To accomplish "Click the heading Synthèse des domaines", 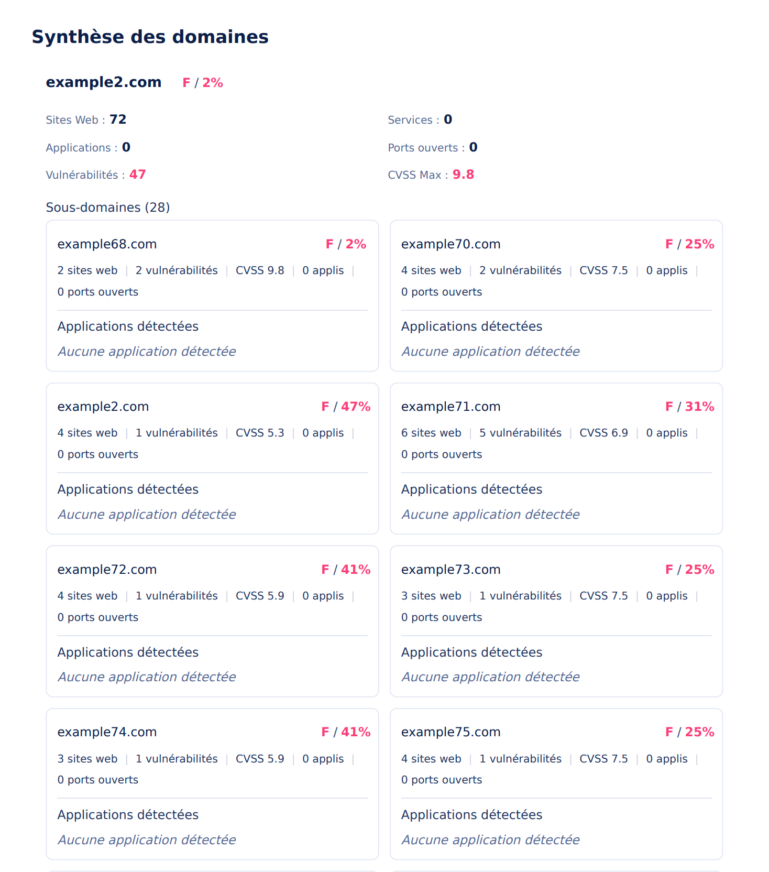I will [x=150, y=37].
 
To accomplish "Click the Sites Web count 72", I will [x=118, y=119].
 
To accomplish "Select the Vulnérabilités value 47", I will [x=137, y=175].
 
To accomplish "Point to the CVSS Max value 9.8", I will [x=463, y=175].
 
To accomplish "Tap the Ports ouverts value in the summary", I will [x=473, y=147].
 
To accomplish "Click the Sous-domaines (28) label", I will [x=108, y=208].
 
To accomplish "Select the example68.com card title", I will [x=107, y=244].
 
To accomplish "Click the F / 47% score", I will [x=346, y=407].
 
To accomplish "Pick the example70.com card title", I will [x=451, y=244].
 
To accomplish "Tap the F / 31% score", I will [x=689, y=407].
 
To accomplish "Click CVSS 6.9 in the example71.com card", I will [x=603, y=433].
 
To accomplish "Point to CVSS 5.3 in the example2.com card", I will [x=260, y=433].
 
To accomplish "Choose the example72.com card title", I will [x=107, y=570].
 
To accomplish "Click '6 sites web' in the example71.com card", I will [x=431, y=433].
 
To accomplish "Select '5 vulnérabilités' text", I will [x=520, y=433].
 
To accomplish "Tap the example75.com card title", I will [x=451, y=732].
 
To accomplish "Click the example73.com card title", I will [x=451, y=570].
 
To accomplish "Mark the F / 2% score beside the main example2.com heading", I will [x=203, y=83].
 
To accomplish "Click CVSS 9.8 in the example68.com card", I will [x=260, y=270].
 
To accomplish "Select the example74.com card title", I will [x=107, y=732].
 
